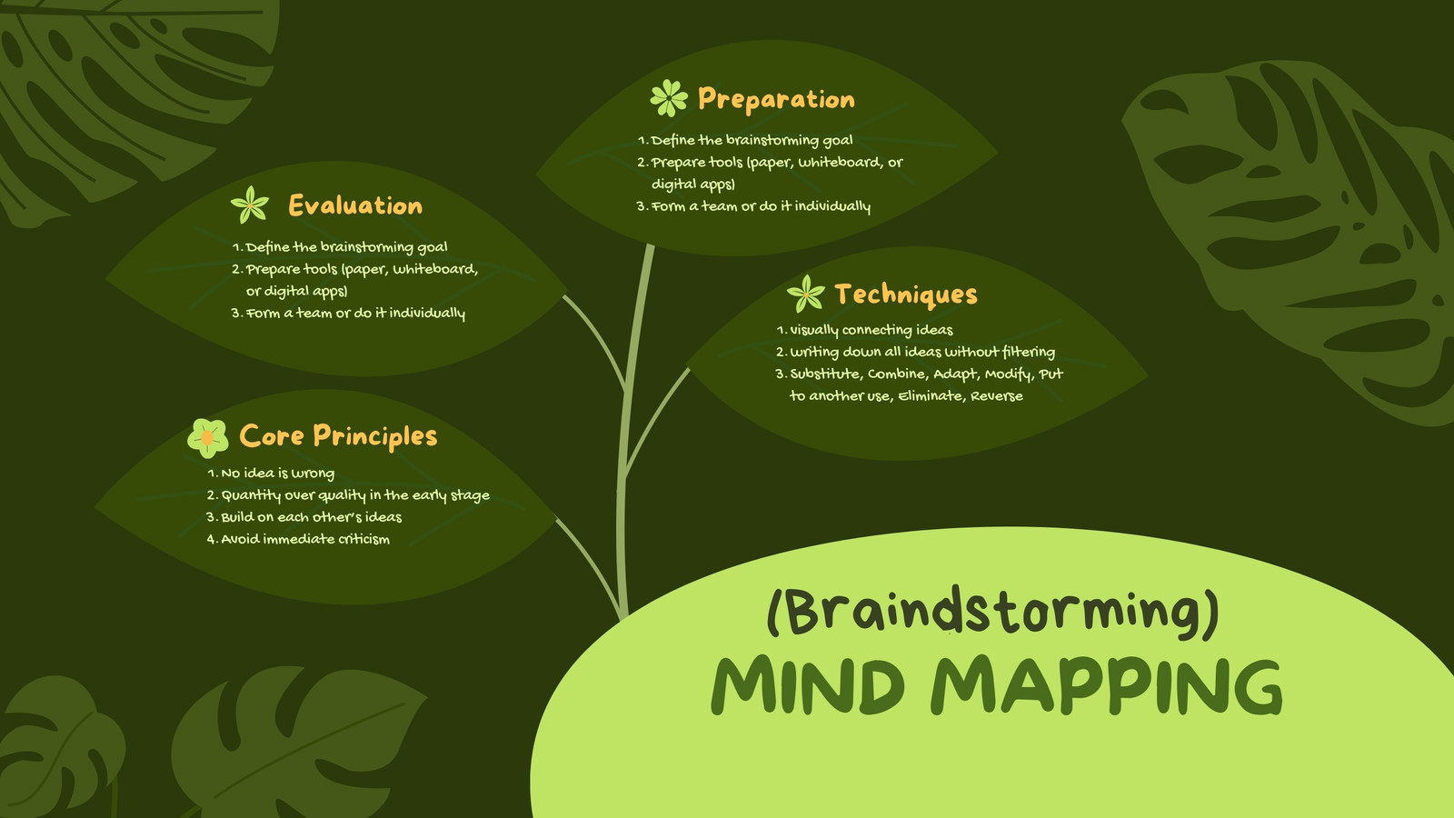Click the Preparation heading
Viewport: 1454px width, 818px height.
[x=776, y=99]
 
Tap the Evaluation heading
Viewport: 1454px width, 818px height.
[x=355, y=205]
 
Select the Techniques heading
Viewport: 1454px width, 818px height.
[x=905, y=294]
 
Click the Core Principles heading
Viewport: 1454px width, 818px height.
[x=338, y=435]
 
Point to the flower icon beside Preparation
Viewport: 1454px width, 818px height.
[x=669, y=98]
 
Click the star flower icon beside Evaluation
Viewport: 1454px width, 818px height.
[x=250, y=204]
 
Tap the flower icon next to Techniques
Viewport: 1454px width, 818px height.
[x=805, y=294]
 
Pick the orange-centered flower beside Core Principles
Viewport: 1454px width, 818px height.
[x=208, y=438]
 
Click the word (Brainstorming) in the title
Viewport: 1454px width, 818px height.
[x=993, y=613]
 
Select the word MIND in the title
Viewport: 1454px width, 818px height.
[x=808, y=685]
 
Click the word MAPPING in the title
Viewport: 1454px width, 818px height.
[x=1107, y=687]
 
